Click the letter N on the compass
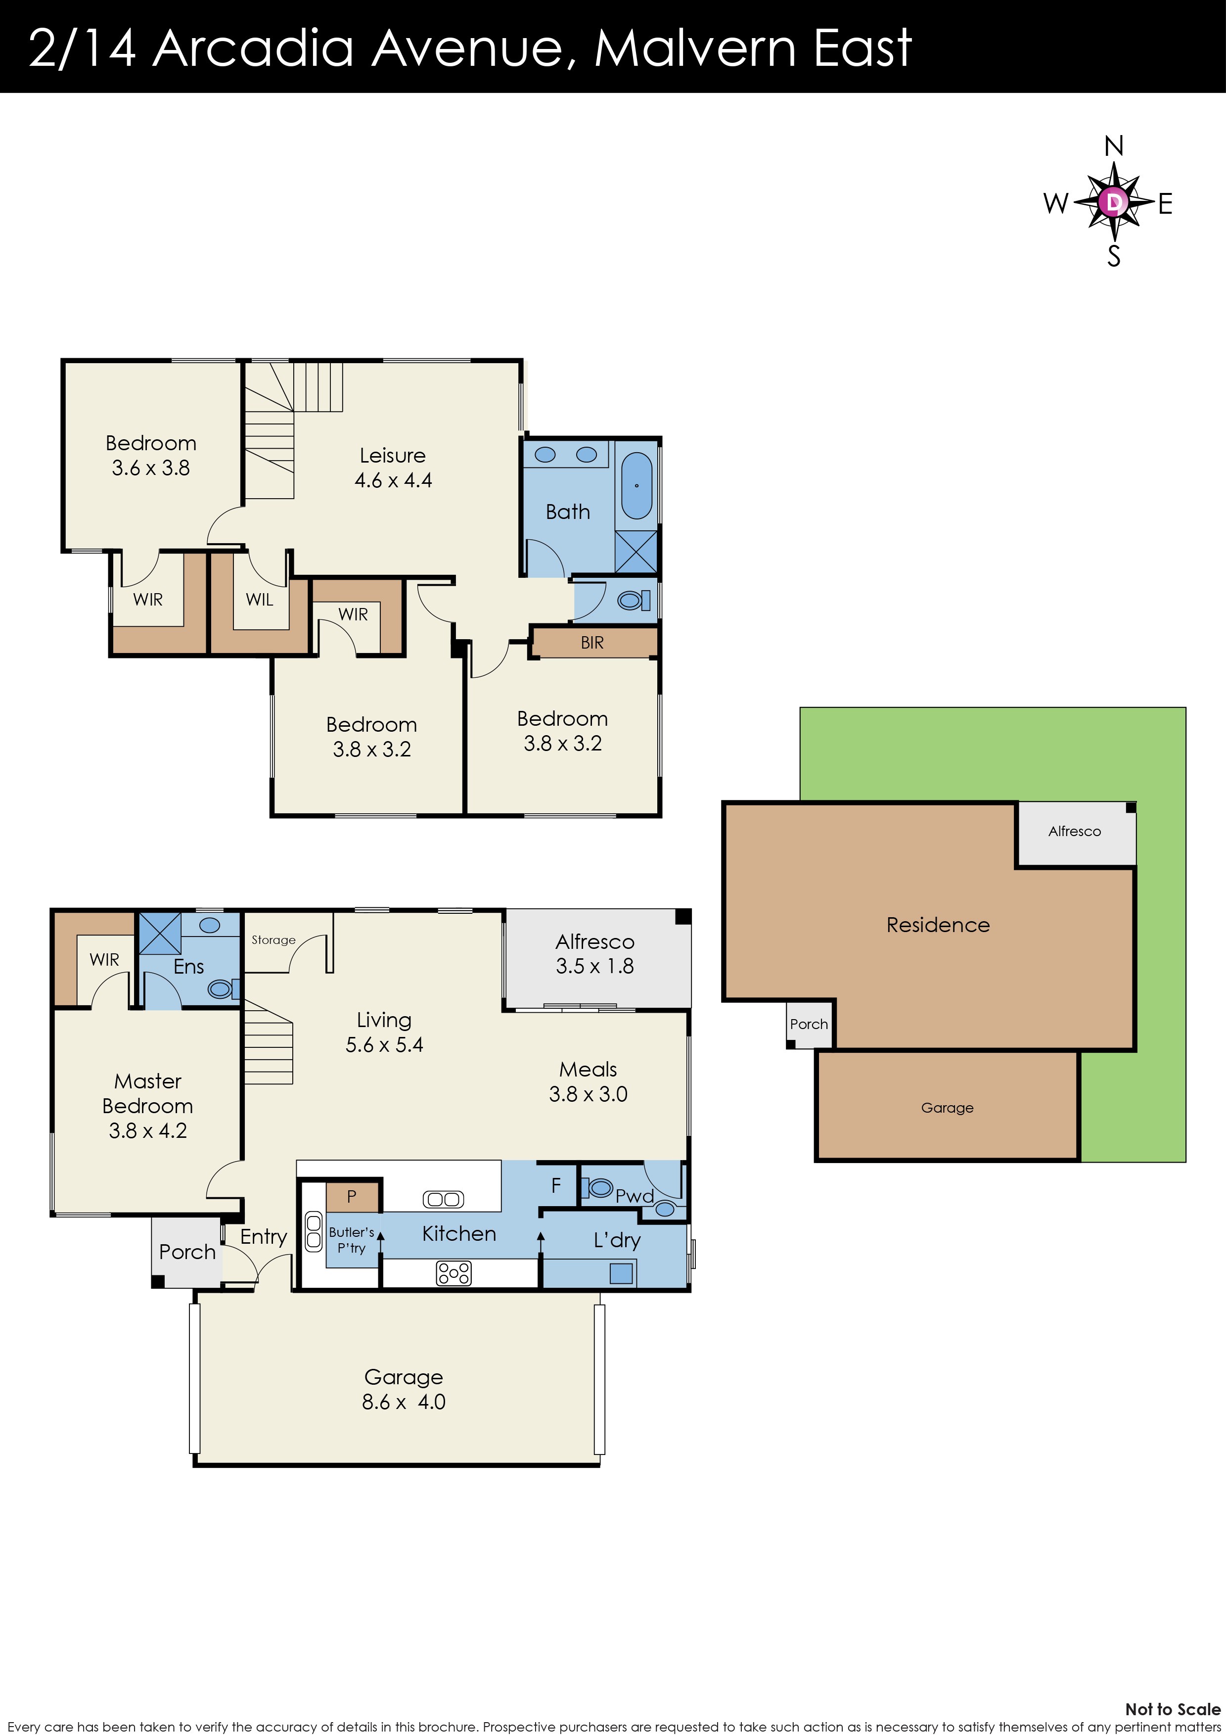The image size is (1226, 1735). pyautogui.click(x=1113, y=146)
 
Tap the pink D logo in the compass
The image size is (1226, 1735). pyautogui.click(x=1113, y=202)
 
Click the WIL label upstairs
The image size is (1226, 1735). pyautogui.click(x=259, y=599)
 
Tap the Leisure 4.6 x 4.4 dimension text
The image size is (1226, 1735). pyautogui.click(x=393, y=480)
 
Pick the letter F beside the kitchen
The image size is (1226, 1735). pyautogui.click(x=556, y=1186)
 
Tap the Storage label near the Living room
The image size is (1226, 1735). pyautogui.click(x=273, y=940)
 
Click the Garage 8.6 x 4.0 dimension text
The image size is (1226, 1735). pyautogui.click(x=404, y=1402)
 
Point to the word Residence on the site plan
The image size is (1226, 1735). pyautogui.click(x=938, y=925)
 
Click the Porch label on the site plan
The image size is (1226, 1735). pyautogui.click(x=808, y=1024)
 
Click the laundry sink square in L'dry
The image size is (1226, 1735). pyautogui.click(x=621, y=1273)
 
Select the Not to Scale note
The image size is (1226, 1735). pyautogui.click(x=1172, y=1709)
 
